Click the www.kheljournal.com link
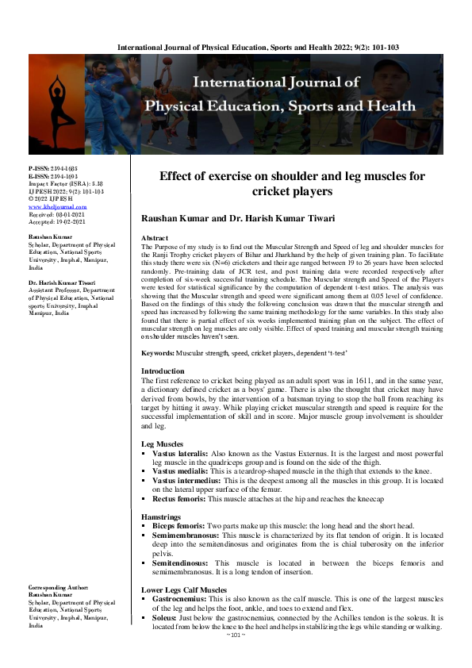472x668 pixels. click(58, 207)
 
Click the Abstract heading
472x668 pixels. click(154, 238)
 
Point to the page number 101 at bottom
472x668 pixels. click(236, 635)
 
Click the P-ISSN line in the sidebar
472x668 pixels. click(48, 169)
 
